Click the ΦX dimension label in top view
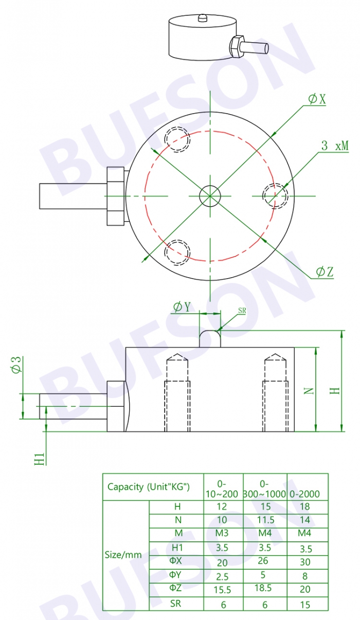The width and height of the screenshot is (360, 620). (x=317, y=99)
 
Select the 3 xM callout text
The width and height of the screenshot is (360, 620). (x=334, y=145)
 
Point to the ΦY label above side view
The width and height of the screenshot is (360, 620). (x=182, y=307)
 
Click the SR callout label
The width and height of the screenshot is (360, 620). (x=242, y=311)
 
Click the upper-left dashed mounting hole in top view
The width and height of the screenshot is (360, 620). (x=177, y=139)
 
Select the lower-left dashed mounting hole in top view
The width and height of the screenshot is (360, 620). (x=177, y=251)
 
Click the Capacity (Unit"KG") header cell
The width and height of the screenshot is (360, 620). (x=149, y=487)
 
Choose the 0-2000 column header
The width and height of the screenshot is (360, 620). (x=305, y=494)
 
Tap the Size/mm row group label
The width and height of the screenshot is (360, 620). (x=123, y=555)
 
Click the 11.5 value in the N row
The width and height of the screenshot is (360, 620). (x=264, y=520)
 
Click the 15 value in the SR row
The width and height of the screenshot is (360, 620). (x=305, y=605)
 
